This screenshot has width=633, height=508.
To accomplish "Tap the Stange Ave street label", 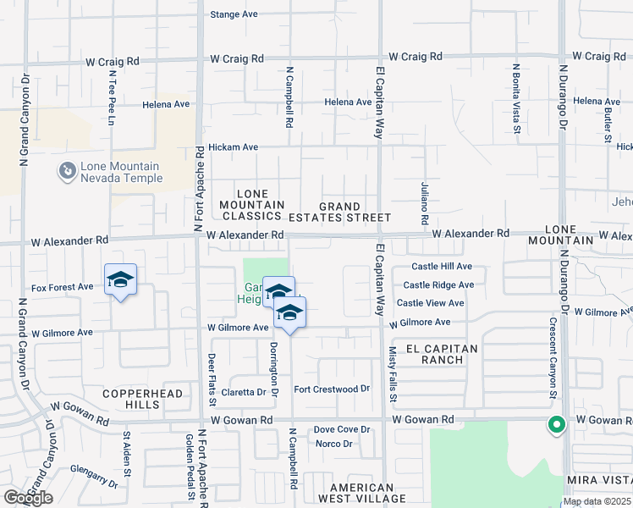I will pyautogui.click(x=234, y=14).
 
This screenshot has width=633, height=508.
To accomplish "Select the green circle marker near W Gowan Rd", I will pyautogui.click(x=556, y=425).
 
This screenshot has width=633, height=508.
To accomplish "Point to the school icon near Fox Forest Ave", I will pyautogui.click(x=121, y=279).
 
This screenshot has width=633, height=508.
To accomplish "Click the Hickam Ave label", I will pyautogui.click(x=233, y=146).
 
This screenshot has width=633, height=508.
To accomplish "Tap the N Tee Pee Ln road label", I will pyautogui.click(x=111, y=98).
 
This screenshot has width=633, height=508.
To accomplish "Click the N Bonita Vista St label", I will pyautogui.click(x=515, y=97).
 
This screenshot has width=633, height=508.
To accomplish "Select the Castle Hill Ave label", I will pyautogui.click(x=442, y=267).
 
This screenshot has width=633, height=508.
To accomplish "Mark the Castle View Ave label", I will pyautogui.click(x=430, y=303).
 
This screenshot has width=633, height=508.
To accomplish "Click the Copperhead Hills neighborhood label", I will pyautogui.click(x=131, y=400).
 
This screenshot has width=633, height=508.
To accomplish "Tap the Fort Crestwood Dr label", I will pyautogui.click(x=332, y=389).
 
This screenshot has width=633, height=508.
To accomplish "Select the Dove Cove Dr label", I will pyautogui.click(x=342, y=429).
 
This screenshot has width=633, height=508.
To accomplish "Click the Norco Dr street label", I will pyautogui.click(x=333, y=444).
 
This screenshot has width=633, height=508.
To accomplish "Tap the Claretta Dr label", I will pyautogui.click(x=244, y=392).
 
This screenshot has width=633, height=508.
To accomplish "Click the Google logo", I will pyautogui.click(x=28, y=498).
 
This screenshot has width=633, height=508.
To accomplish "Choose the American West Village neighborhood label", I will pyautogui.click(x=362, y=494).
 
